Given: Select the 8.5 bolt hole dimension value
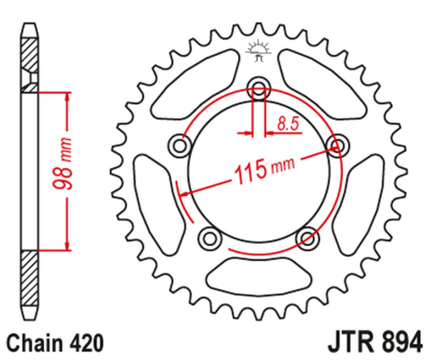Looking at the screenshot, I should pyautogui.click(x=287, y=126).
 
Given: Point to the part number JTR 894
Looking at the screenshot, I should pyautogui.click(x=373, y=341).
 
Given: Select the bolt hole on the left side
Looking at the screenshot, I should pyautogui.click(x=177, y=146).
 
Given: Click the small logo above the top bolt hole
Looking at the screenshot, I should pyautogui.click(x=257, y=52).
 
